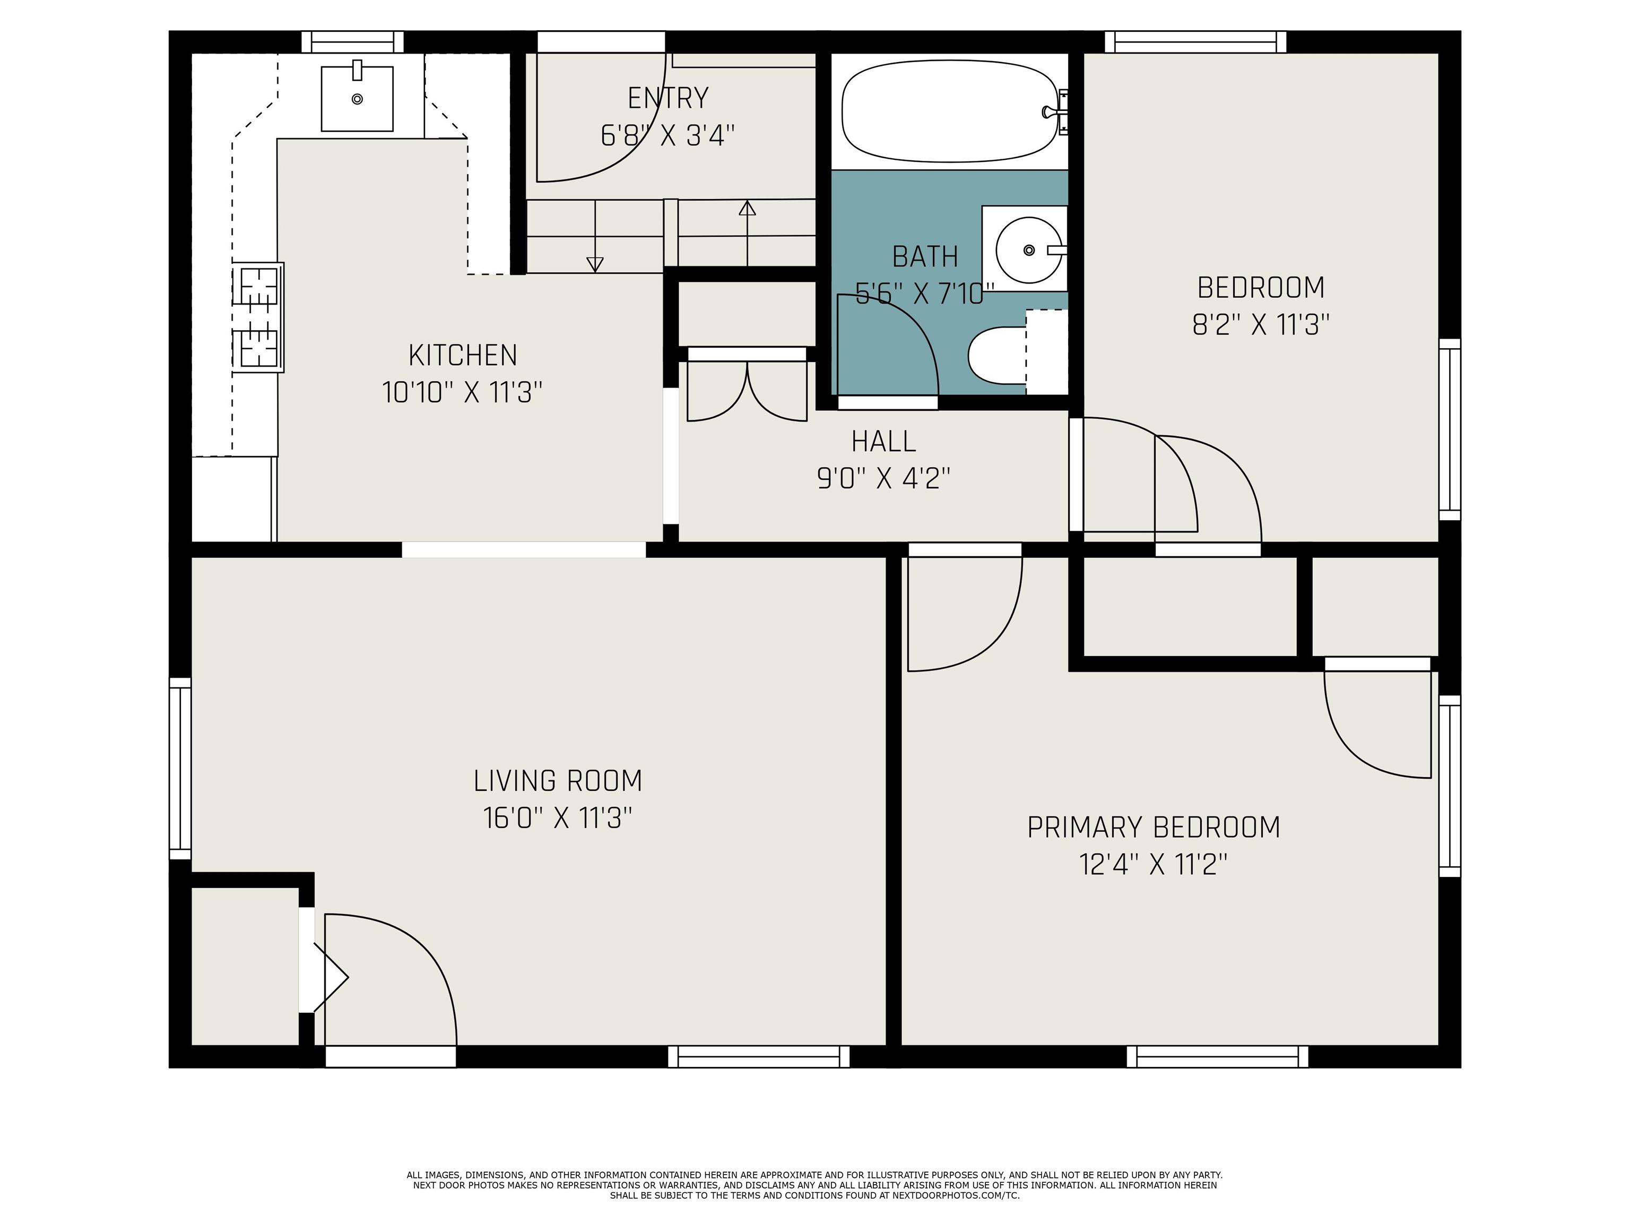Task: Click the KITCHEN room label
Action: [x=463, y=355]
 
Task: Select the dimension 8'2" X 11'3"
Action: [x=1261, y=324]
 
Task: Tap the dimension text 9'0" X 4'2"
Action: [x=883, y=479]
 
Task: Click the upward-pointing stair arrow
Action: [x=747, y=233]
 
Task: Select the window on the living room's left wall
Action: [x=180, y=768]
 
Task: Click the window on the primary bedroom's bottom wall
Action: [x=1217, y=1056]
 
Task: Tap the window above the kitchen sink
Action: [x=353, y=42]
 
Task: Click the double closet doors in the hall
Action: [x=747, y=385]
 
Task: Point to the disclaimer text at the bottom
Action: [x=814, y=1185]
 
